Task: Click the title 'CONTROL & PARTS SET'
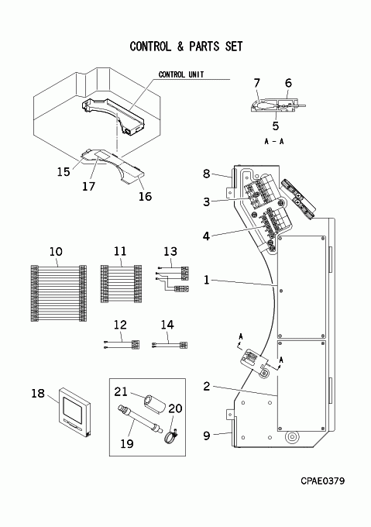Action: point(186,46)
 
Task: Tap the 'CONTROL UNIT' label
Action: point(181,74)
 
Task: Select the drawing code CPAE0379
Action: point(322,480)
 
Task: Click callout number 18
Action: point(38,393)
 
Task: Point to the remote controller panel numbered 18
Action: point(75,413)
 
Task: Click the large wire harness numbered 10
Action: point(59,293)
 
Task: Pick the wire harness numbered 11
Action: point(121,284)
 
